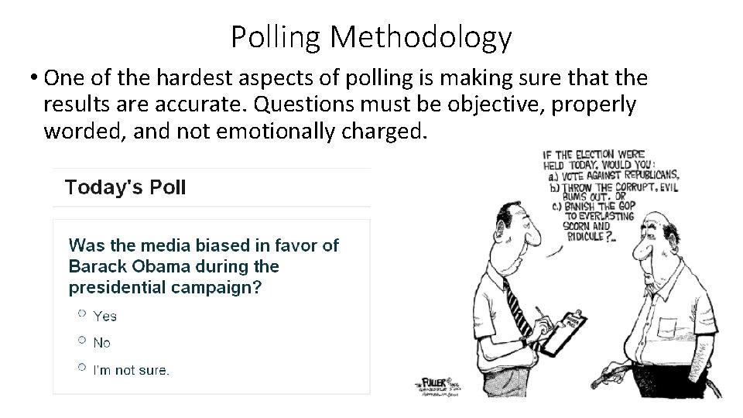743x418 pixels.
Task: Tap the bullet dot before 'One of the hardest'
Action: (x=36, y=78)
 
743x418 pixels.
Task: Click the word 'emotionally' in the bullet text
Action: (x=279, y=132)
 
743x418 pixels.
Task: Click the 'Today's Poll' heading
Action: (x=125, y=188)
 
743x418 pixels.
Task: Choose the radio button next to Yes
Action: (x=81, y=313)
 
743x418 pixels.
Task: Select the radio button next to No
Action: (x=81, y=340)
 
